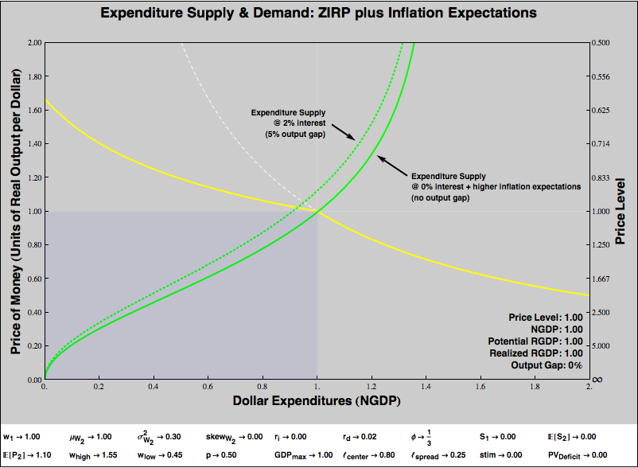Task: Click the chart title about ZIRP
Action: click(x=318, y=14)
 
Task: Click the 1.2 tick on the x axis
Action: click(x=372, y=386)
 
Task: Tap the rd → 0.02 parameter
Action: click(x=355, y=437)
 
